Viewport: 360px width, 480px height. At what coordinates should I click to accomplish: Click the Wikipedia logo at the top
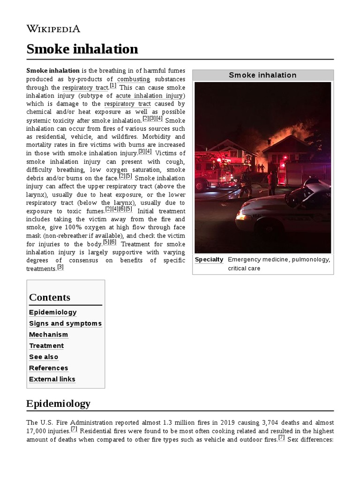click(x=53, y=29)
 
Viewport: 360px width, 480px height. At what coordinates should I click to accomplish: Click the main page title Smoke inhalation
click(x=82, y=49)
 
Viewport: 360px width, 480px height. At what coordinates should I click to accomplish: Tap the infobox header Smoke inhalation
click(x=262, y=75)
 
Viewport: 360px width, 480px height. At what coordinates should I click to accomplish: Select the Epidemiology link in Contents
click(x=52, y=312)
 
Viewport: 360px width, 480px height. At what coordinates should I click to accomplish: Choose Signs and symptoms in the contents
click(x=65, y=323)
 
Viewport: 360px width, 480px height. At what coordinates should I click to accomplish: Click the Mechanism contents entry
click(x=48, y=335)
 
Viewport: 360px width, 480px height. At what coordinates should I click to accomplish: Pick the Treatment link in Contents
click(x=46, y=346)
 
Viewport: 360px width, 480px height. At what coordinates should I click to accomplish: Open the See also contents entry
click(x=44, y=357)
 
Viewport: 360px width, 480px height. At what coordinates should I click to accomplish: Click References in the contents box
click(x=48, y=368)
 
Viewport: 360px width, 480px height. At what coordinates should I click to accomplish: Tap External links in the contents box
click(x=52, y=379)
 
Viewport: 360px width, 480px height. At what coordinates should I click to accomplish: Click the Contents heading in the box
click(x=50, y=297)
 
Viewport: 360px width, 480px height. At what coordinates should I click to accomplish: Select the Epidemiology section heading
click(x=58, y=404)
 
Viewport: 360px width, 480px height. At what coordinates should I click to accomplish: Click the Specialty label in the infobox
click(x=209, y=260)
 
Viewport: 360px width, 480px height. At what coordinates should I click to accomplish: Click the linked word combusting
click(x=134, y=79)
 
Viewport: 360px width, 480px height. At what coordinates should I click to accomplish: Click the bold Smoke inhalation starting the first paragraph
click(x=53, y=71)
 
